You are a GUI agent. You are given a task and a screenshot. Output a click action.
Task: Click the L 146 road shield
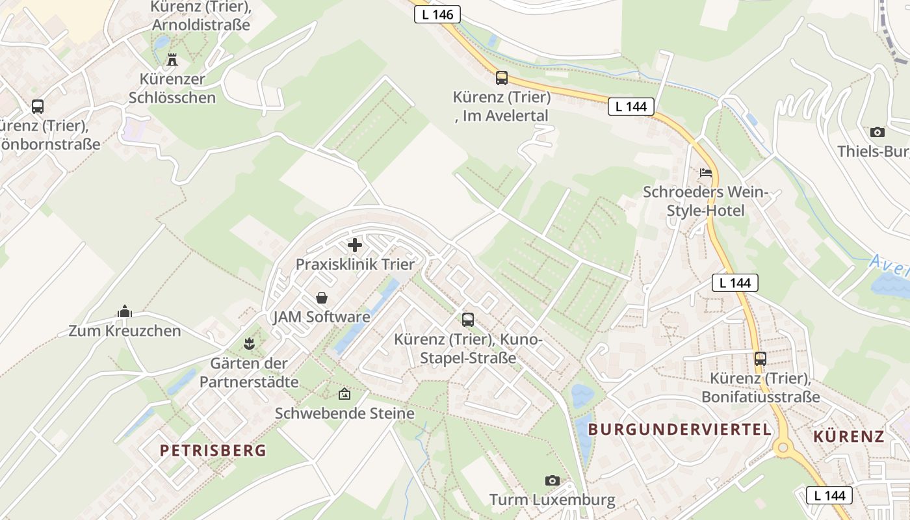pos(437,14)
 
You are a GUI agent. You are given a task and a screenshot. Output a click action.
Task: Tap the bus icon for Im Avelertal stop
pos(501,78)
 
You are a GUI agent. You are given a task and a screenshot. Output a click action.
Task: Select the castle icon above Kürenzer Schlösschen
pos(172,60)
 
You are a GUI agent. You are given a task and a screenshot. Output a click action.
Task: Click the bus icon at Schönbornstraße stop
pos(38,107)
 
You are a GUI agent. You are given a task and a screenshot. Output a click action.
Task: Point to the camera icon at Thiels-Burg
pos(877,132)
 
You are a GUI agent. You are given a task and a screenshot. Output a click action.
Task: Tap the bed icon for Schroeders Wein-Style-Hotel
pos(706,173)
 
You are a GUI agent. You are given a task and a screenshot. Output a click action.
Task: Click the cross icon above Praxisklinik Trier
pos(355,245)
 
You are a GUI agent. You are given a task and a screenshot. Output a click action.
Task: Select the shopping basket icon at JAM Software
pos(321,298)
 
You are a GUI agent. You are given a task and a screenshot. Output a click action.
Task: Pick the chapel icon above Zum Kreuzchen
pos(125,312)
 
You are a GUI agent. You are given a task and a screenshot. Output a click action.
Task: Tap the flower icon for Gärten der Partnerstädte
pos(248,343)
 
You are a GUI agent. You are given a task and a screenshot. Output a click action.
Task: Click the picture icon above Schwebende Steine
pos(344,394)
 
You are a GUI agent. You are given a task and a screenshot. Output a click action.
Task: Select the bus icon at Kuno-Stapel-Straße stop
pos(468,319)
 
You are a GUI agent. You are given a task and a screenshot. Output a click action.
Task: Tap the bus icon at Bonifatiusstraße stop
pos(760,358)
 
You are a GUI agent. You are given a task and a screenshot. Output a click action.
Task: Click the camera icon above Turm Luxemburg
pos(552,480)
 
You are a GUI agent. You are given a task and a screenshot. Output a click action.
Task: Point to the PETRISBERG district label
pos(213,450)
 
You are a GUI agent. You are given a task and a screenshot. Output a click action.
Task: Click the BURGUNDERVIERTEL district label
pos(680,430)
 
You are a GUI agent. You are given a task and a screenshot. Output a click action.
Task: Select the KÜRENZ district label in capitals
pos(849,436)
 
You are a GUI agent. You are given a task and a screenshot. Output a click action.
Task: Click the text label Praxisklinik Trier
pos(355,265)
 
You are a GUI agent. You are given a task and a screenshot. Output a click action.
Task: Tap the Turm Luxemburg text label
pos(552,500)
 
